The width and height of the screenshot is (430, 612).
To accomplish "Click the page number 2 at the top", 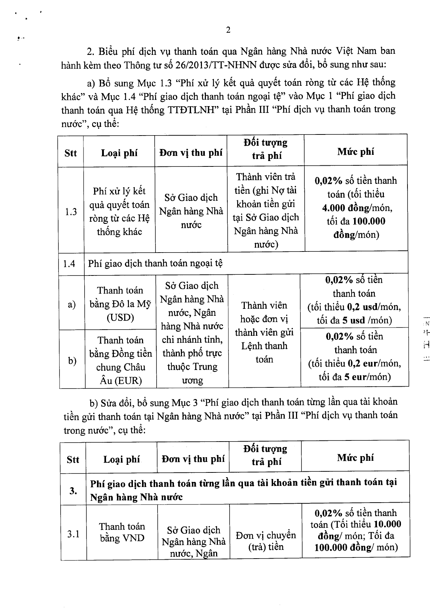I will point(228,30).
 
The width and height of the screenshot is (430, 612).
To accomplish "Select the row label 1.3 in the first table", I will point(71,212).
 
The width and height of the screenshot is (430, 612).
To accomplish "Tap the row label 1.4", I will point(69,263).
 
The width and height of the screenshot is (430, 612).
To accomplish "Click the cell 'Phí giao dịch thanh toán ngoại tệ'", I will point(155,263).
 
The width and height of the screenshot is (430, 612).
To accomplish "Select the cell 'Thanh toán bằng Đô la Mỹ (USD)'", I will point(120,304).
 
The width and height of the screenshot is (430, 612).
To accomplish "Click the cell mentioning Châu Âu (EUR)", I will point(120,360).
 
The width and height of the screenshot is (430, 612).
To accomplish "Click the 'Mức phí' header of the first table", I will point(356,152).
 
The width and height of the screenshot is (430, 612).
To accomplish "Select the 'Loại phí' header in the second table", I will point(122,459).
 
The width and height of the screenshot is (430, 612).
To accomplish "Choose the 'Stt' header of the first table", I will point(70,153).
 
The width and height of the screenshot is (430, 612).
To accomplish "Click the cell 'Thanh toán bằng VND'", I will point(122,532).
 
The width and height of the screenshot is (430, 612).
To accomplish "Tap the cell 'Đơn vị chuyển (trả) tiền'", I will point(266,541).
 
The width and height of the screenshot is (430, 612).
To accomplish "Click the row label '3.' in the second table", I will point(73,491).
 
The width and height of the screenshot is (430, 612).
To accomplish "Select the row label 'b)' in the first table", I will point(72,361).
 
